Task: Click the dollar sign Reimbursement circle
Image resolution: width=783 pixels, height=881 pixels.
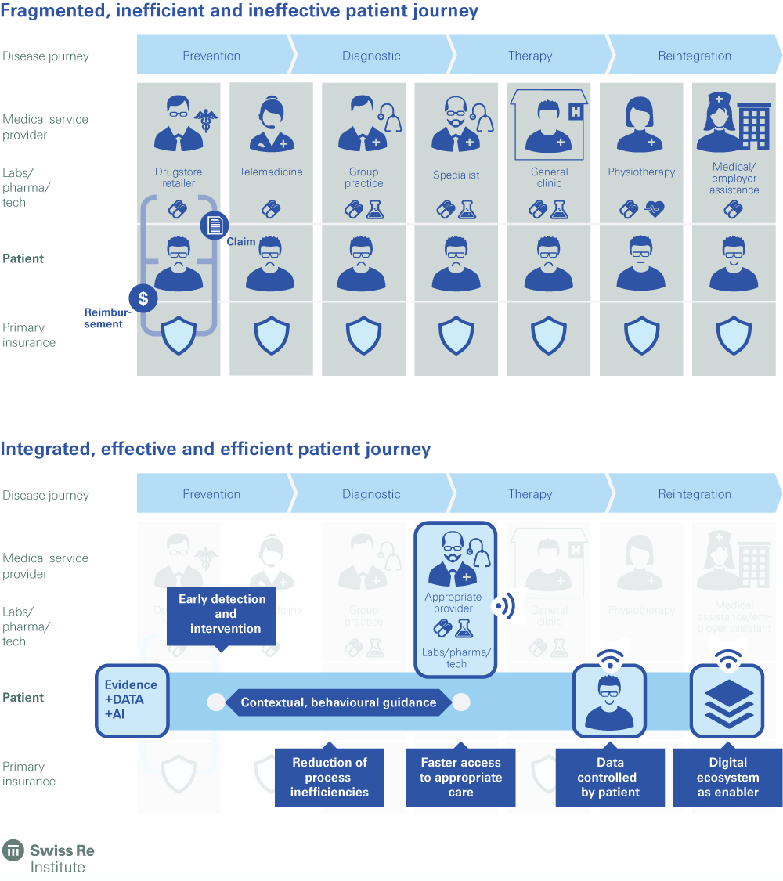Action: point(143,298)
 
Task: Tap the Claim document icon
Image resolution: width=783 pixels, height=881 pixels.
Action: point(214,226)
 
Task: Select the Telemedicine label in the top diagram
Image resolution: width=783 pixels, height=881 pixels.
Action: point(271,172)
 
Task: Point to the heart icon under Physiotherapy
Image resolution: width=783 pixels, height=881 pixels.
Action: point(653,209)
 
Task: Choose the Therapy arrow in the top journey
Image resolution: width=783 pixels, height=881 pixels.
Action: point(530,56)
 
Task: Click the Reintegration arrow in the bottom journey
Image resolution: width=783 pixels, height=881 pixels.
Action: point(695,494)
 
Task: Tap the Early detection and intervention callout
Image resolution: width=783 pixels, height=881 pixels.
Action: point(222,614)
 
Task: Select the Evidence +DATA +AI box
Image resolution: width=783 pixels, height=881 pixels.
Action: point(132,700)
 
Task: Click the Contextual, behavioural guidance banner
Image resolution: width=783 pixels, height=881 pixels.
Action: point(338,702)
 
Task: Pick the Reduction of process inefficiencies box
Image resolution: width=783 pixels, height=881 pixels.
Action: point(329,778)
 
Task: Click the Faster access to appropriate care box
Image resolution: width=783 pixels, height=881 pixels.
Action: point(460,778)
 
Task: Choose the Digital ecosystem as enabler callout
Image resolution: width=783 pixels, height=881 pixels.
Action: point(727,778)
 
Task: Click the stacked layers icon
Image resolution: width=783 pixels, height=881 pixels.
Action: point(727,702)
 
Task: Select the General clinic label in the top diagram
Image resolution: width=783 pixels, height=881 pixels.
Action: point(549,178)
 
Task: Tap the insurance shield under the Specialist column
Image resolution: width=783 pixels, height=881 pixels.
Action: point(456,336)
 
